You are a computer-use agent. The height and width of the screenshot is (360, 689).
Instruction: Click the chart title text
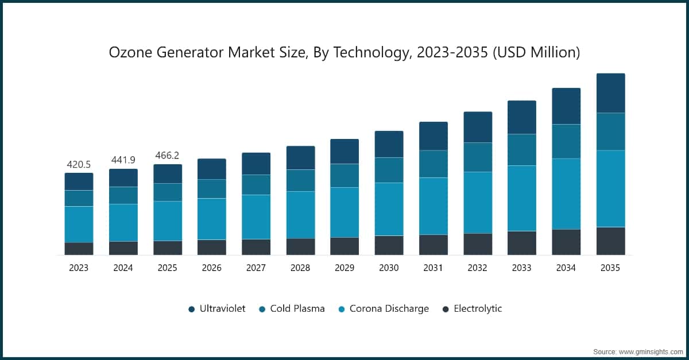coord(344,53)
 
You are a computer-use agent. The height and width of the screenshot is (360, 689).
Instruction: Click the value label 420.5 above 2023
coord(79,165)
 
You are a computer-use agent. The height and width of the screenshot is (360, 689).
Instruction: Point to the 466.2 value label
coord(168,156)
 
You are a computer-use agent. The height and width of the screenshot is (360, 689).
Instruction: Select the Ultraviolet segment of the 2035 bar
coord(610,93)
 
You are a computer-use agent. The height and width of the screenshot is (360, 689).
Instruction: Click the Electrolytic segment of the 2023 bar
coord(79,249)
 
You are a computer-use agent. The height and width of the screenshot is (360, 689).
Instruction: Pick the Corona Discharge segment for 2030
coord(389,209)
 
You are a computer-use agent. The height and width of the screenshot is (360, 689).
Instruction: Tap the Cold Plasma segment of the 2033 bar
coord(522,150)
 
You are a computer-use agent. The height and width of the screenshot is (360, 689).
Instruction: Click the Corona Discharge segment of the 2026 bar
coord(212,219)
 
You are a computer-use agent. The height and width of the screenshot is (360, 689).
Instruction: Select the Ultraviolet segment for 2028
coord(300,158)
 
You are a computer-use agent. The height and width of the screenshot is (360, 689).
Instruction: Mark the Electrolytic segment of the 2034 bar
coord(566,242)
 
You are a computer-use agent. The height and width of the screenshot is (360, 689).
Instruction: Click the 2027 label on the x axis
coord(256,268)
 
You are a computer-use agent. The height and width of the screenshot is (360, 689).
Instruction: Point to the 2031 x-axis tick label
coord(433,268)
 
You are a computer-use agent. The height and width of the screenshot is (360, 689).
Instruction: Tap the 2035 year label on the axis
coord(610,268)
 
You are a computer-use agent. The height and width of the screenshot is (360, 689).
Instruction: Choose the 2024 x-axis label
coord(123,268)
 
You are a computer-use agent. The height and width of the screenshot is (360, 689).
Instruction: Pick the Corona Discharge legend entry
coord(389,309)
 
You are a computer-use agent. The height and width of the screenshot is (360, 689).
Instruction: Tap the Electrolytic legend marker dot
coord(446,309)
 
